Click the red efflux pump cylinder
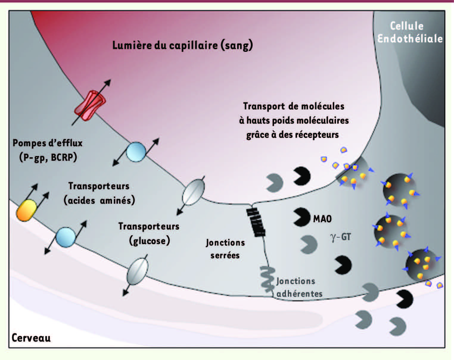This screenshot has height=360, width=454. click(x=90, y=106)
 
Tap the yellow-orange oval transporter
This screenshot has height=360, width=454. click(x=26, y=210)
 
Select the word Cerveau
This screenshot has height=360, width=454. click(x=31, y=338)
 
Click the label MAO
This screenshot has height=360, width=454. click(x=322, y=219)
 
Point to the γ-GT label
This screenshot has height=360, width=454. click(x=340, y=237)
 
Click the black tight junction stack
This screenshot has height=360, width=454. click(x=256, y=222)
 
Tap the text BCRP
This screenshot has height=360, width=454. click(x=64, y=157)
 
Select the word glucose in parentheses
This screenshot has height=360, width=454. click(x=150, y=241)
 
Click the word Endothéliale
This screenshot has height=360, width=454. click(x=410, y=39)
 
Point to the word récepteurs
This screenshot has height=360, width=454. click(x=316, y=135)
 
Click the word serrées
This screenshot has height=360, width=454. click(x=225, y=255)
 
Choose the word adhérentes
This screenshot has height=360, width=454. click(x=299, y=294)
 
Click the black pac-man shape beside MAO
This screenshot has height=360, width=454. click(x=301, y=217)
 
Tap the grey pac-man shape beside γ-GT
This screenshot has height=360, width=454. click(x=309, y=244)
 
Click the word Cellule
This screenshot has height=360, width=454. click(x=407, y=26)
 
